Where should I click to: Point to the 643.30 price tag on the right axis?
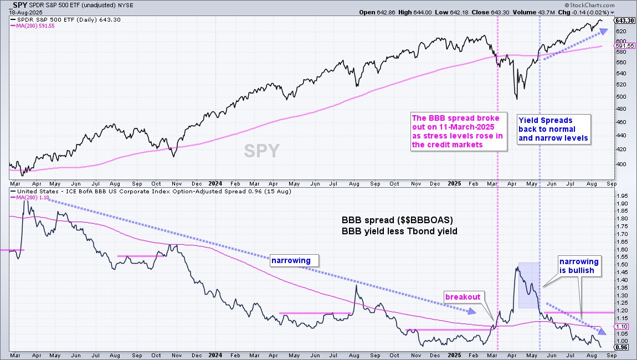coord(625,20)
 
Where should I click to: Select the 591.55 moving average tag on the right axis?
coord(625,46)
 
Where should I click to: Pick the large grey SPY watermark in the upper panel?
coord(261,151)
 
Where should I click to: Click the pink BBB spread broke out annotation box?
coord(459,132)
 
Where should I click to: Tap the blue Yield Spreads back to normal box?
coord(554,129)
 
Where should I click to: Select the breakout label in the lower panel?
coord(463,297)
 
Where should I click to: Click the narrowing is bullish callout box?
coord(579,266)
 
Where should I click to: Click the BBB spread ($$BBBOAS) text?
coord(397,220)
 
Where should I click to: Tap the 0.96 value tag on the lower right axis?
coord(622,347)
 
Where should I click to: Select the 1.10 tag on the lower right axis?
coord(622,326)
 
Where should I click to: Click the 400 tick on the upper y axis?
coord(621,164)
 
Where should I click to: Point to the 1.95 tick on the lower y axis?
coord(622,196)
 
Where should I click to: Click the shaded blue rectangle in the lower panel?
coord(529,285)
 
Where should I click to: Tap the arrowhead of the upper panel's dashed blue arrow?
coord(604,31)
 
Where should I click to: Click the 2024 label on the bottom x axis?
coord(215,355)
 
